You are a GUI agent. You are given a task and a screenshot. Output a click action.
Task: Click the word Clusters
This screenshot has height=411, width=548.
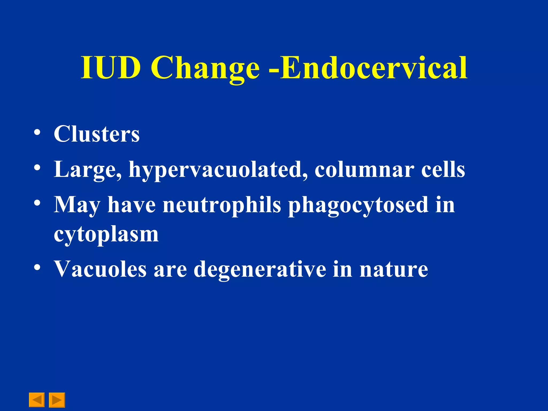tap(97, 134)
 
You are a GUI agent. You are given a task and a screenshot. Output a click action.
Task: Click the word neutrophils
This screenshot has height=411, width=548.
tap(222, 205)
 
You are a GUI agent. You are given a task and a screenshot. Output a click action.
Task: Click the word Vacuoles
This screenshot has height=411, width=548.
tap(100, 269)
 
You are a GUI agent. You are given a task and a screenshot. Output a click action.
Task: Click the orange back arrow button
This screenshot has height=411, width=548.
tap(37, 400)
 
